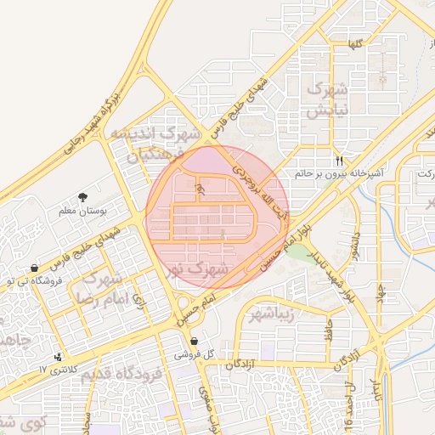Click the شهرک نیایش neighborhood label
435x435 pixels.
tap(328, 100)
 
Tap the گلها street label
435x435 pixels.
tap(357, 42)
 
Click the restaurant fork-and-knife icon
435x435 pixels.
tap(340, 160)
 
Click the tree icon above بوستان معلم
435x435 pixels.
tap(82, 196)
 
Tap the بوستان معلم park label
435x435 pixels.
tap(82, 210)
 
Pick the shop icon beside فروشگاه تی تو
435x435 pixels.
tap(33, 268)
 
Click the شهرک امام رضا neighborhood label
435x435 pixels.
tap(100, 289)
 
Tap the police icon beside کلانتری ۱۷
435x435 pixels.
tap(58, 357)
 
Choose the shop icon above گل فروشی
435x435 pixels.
tap(195, 341)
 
